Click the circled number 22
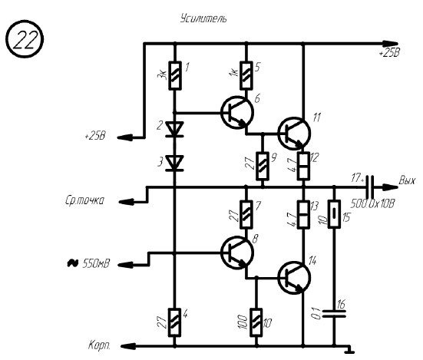click(x=25, y=39)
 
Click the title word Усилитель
click(x=203, y=18)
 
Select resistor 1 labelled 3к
click(x=175, y=75)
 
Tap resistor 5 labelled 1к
click(x=246, y=75)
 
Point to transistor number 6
click(x=237, y=112)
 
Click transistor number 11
click(x=294, y=134)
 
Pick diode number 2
click(x=174, y=129)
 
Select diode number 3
click(x=174, y=163)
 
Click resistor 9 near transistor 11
click(x=263, y=166)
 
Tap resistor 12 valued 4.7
click(x=303, y=166)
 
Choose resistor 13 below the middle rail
click(x=303, y=215)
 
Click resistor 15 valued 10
click(x=334, y=214)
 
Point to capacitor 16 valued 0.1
click(x=334, y=313)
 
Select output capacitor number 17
click(x=369, y=187)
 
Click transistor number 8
click(x=237, y=253)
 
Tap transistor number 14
click(x=294, y=277)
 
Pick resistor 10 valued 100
click(x=256, y=322)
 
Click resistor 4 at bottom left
click(x=175, y=322)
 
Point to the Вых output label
click(x=407, y=180)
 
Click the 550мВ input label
click(x=96, y=263)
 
